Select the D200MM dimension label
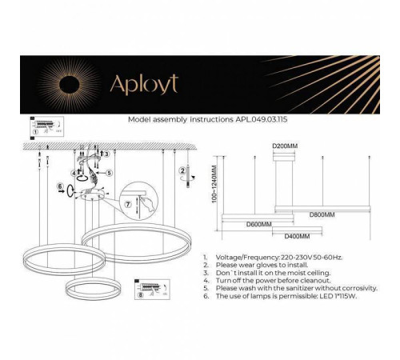point(284,146)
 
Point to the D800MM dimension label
point(322,214)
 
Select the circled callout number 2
point(183,170)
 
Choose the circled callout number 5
point(110,172)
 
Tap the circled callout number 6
point(60,188)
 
